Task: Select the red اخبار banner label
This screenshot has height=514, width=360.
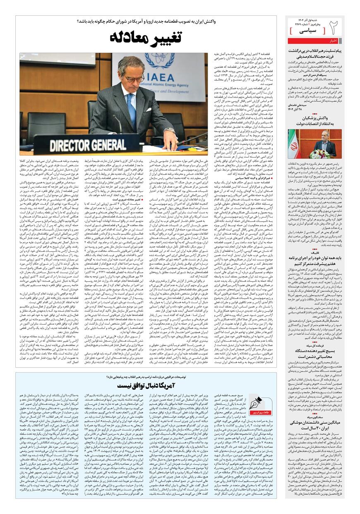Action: coord(333,41)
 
